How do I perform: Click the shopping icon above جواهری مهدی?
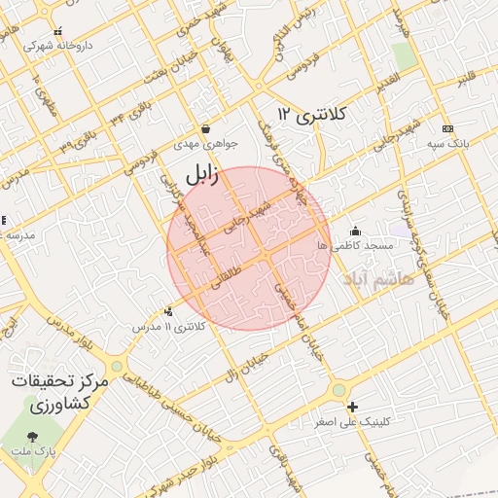tap(205, 129)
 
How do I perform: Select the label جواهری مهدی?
tap(199, 144)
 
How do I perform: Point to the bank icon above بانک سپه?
tap(447, 129)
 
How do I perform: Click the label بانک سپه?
tap(445, 144)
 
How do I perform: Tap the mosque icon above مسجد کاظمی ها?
tap(355, 231)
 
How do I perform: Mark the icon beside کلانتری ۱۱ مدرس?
tap(169, 312)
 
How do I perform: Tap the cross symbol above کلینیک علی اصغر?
tap(352, 407)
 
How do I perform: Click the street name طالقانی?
tap(222, 279)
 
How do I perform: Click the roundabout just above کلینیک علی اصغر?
tap(338, 389)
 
